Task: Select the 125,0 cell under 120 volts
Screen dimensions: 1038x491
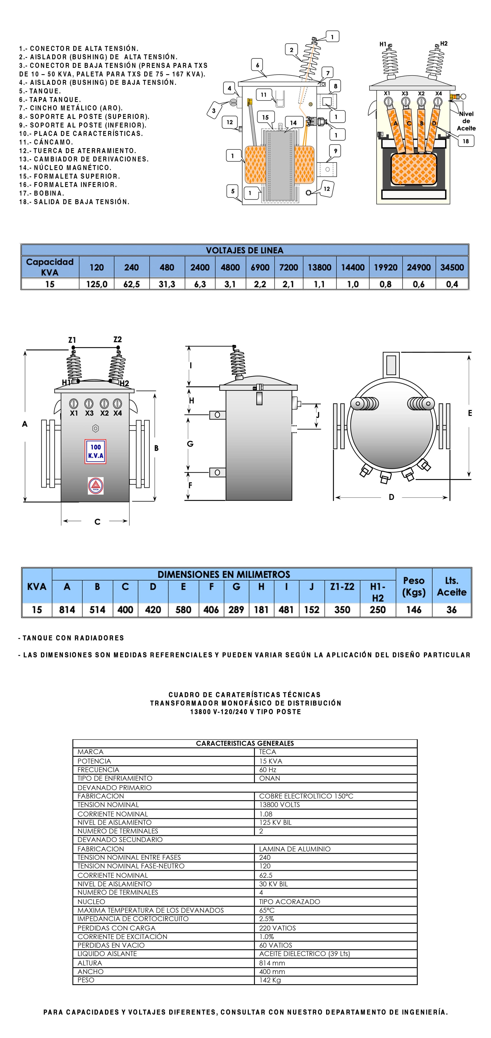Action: [96, 284]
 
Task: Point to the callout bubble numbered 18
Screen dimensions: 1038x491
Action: [466, 141]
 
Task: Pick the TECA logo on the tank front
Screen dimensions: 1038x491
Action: [96, 486]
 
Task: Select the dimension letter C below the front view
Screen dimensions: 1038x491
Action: [97, 522]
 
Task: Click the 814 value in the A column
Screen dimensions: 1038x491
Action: [67, 610]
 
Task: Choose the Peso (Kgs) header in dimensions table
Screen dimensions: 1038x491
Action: [413, 586]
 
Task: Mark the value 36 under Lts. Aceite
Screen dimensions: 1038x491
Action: [452, 610]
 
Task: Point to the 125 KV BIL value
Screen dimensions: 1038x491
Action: [275, 822]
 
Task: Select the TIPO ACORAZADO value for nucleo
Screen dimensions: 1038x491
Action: [289, 901]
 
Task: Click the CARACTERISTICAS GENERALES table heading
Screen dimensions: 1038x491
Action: [245, 743]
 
